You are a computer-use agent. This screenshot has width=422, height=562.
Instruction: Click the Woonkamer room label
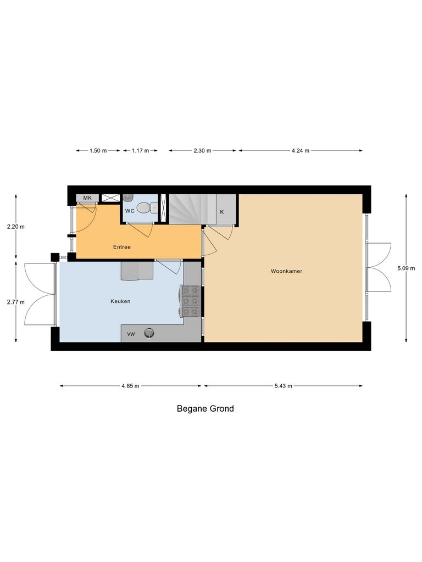click(x=286, y=271)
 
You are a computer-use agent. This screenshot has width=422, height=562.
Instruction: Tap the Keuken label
click(x=120, y=301)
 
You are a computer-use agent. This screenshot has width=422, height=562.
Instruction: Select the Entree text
click(x=122, y=247)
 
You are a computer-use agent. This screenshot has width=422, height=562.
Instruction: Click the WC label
click(x=130, y=211)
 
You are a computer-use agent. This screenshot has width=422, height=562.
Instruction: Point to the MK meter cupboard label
click(x=87, y=198)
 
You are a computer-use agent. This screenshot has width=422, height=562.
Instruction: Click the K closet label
click(x=222, y=212)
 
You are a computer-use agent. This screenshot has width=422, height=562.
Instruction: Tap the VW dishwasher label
click(x=131, y=334)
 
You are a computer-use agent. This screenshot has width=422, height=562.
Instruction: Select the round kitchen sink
click(x=149, y=333)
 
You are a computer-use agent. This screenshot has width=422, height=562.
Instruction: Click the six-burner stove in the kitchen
click(x=190, y=301)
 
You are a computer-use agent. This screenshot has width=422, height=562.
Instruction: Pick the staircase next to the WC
click(x=185, y=209)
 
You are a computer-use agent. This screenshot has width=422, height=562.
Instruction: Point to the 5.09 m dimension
click(x=406, y=268)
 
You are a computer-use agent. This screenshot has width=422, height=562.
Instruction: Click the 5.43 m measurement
click(x=283, y=386)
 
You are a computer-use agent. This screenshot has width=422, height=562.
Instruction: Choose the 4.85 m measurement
click(x=130, y=386)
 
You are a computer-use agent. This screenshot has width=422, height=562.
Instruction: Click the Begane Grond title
click(x=205, y=408)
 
